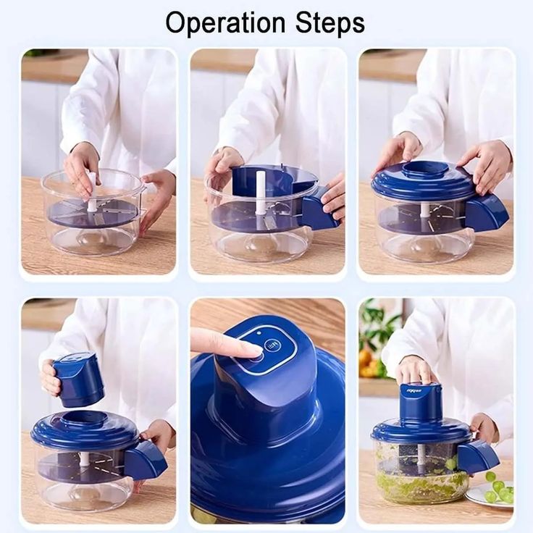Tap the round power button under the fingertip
click(272, 346)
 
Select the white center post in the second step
click(261, 193)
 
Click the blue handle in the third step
click(486, 212)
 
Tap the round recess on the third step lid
click(424, 169)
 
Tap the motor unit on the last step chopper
click(421, 401)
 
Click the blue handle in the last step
click(477, 456)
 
